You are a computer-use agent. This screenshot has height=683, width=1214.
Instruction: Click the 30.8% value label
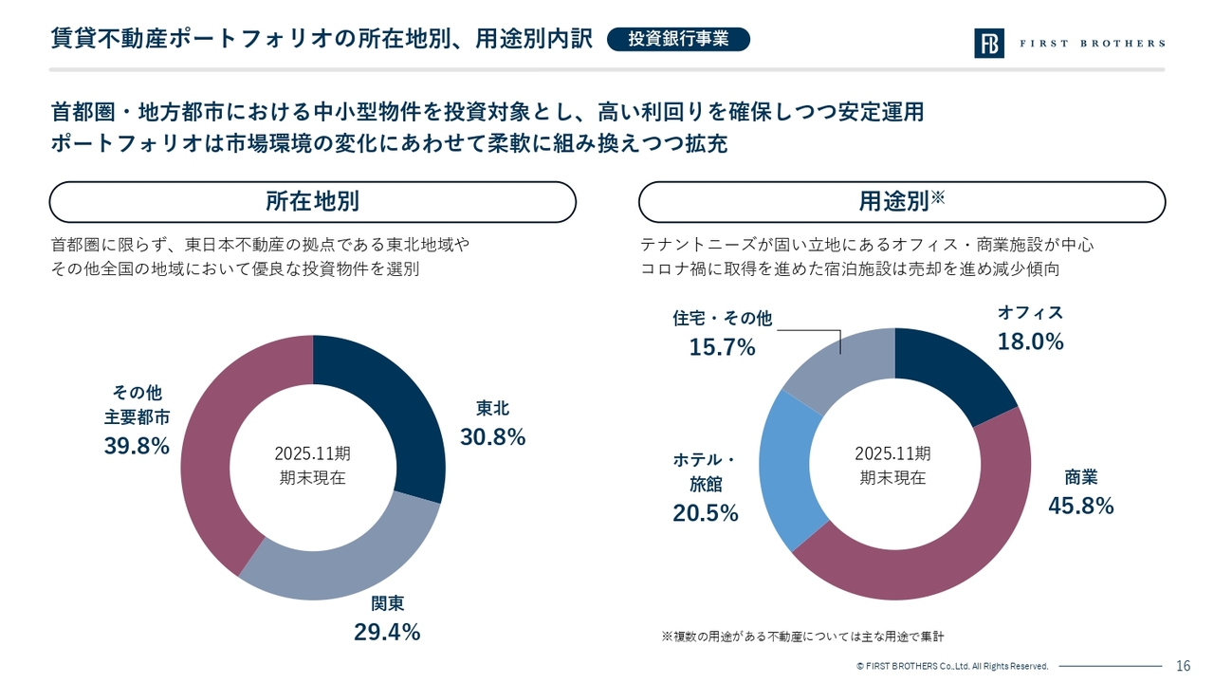coord(492,437)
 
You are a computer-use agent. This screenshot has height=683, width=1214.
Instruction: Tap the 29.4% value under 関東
coord(387,632)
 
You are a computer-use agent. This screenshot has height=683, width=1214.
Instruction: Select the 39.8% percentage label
coord(137,446)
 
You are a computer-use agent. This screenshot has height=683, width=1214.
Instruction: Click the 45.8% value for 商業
coord(1080,507)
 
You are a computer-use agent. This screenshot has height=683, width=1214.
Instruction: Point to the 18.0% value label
coord(1030,341)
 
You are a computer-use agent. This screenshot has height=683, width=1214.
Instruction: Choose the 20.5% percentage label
coord(706,513)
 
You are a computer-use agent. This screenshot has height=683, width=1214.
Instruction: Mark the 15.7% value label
coord(723,347)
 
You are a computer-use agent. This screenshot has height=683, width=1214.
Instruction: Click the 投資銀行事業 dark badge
coord(678,39)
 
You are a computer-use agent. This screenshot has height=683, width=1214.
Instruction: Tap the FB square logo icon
coord(988,43)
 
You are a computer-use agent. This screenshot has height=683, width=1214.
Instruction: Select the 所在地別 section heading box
coord(313,202)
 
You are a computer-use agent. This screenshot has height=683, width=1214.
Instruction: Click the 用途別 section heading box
coord(902,202)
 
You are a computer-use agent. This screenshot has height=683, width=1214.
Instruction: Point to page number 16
coord(1184,665)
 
